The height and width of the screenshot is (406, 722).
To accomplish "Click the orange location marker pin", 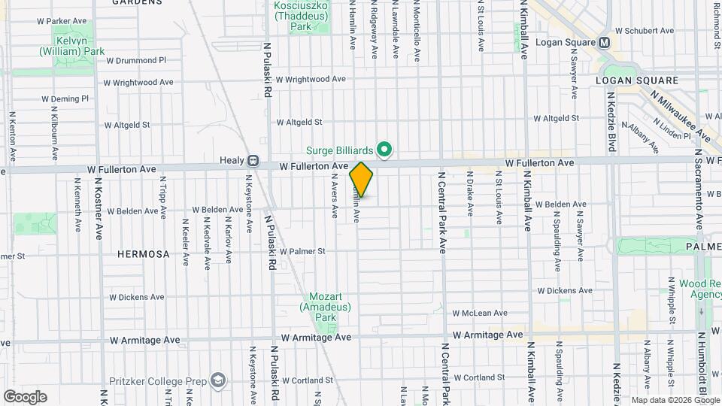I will [x=361, y=180].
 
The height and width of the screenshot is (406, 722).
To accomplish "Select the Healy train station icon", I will [x=253, y=160].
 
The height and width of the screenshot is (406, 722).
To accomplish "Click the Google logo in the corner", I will [x=25, y=396].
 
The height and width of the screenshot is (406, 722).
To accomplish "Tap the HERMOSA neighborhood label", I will [x=144, y=254].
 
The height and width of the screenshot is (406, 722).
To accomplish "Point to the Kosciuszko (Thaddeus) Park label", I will [x=301, y=16].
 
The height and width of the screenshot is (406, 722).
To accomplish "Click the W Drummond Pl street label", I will [x=136, y=60].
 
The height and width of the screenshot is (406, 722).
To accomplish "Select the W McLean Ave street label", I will [x=480, y=313].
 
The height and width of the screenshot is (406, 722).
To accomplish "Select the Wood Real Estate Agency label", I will [x=700, y=289].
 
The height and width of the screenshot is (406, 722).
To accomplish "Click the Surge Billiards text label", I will [x=350, y=150].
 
